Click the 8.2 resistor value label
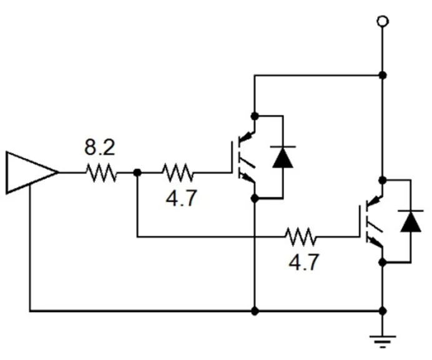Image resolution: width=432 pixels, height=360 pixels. click(x=100, y=148)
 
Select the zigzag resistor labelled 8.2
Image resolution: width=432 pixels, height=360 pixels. click(x=101, y=173)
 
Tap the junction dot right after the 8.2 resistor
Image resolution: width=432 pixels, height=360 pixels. click(x=137, y=173)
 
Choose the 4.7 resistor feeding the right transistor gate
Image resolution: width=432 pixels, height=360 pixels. click(x=301, y=236)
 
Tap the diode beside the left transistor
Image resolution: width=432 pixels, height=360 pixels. click(x=283, y=157)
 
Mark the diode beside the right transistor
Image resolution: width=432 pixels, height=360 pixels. click(x=410, y=221)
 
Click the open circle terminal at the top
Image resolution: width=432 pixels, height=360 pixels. click(x=383, y=22)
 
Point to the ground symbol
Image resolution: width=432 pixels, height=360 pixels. click(x=383, y=340)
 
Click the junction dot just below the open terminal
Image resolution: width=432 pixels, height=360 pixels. click(x=383, y=75)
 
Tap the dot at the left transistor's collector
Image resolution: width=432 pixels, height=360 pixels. click(x=254, y=115)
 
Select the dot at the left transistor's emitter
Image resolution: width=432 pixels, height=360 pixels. click(x=254, y=198)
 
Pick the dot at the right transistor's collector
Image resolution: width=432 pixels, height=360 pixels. click(x=383, y=180)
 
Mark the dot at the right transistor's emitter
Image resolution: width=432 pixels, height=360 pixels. click(x=383, y=263)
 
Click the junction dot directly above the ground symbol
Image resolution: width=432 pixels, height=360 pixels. click(x=383, y=310)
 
